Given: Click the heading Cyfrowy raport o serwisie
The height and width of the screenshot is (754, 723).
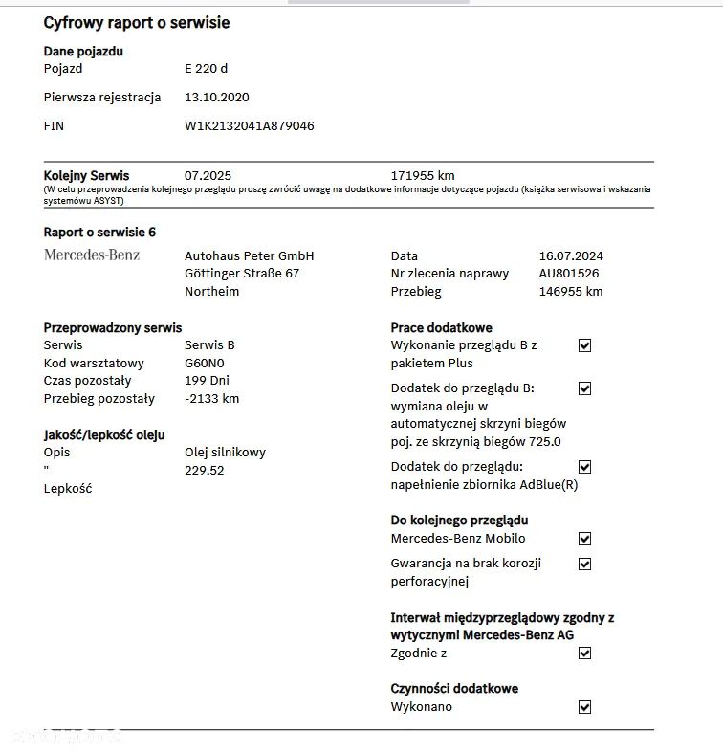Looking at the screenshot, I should tap(137, 22).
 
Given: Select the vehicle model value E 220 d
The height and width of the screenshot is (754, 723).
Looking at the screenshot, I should tap(206, 69).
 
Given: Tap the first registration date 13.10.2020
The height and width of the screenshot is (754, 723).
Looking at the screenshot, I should tap(216, 97).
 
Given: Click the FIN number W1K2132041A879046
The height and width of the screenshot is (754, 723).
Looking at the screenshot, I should tap(249, 125).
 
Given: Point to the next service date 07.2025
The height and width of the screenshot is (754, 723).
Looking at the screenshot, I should tap(208, 176).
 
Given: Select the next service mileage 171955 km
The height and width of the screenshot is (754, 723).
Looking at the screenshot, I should tap(423, 176).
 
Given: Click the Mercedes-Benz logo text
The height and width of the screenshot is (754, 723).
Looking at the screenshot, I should tap(92, 255).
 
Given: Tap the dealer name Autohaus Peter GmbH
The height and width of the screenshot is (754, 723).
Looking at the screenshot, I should tap(249, 255).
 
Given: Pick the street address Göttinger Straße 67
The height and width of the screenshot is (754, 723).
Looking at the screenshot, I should tap(242, 274).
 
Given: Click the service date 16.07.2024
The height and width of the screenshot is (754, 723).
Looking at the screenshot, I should tap(571, 255).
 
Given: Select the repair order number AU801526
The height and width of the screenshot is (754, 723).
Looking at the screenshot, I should tap(569, 274).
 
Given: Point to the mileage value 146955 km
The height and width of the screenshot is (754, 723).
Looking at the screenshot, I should tap(571, 292).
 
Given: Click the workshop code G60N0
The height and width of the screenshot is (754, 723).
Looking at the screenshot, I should tap(205, 363).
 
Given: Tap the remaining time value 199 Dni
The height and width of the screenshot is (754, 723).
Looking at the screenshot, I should tap(208, 381).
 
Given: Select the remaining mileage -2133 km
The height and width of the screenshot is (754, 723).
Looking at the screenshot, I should tap(211, 399).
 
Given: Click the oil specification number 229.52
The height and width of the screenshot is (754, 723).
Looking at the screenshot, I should tap(204, 470).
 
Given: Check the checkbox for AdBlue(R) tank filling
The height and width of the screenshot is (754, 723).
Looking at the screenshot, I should tap(585, 467).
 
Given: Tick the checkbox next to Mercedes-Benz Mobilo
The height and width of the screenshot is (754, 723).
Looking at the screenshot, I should tap(585, 539).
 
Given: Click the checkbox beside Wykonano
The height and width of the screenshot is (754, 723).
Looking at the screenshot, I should tap(585, 707).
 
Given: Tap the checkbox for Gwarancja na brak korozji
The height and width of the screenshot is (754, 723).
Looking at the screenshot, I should tap(585, 564).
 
